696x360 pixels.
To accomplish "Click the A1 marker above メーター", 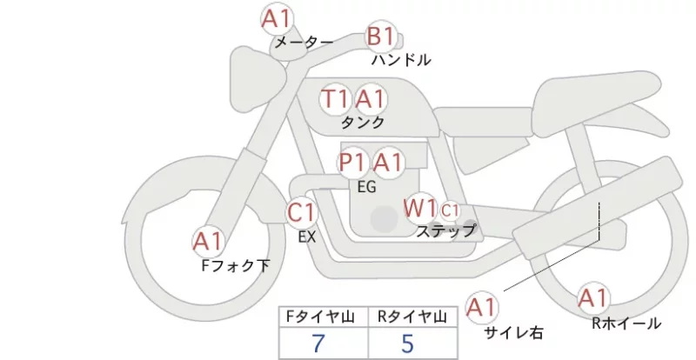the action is point(276,19).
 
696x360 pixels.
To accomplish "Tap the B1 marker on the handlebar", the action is point(381,37).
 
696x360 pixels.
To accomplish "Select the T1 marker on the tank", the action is point(335,98).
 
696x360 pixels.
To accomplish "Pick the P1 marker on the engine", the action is point(353,163).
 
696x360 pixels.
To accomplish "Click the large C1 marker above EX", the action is point(301,213).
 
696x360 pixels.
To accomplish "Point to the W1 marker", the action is point(420,208).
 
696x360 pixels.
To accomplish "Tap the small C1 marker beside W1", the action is point(450,210).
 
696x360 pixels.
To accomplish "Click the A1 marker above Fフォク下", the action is point(208,242).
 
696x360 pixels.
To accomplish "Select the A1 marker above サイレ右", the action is point(482,307).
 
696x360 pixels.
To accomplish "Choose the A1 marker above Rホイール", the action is point(592,298).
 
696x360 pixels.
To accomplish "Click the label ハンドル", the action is point(401,60).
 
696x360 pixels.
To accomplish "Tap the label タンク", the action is point(362,122).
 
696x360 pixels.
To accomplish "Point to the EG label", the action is point(366,187).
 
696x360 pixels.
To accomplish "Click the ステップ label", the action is point(445,230).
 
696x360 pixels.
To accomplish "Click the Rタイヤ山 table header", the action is point(412,317).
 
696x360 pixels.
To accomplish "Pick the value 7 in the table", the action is point(318,343).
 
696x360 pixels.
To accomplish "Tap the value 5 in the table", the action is point(407,343).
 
